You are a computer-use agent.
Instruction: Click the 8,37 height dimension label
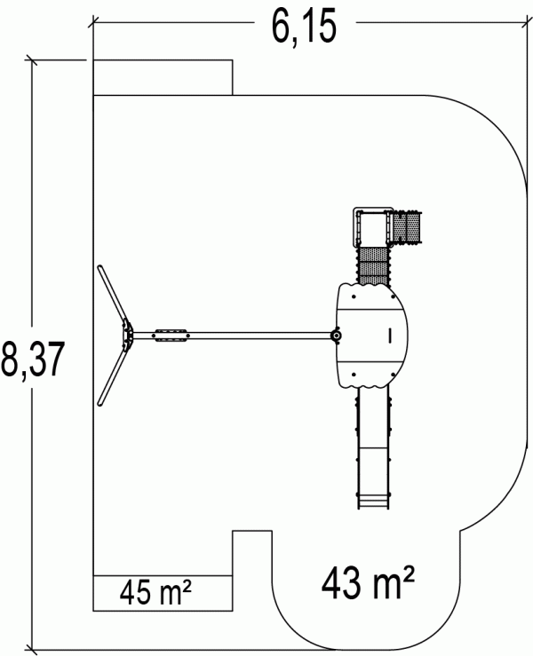coord(33,360)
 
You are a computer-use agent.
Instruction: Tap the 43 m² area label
coord(368,582)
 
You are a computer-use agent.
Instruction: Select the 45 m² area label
coord(155,592)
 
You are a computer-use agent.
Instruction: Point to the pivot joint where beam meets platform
coord(336,336)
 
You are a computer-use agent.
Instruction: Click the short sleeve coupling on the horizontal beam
coord(171,336)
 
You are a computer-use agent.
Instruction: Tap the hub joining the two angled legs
coord(128,336)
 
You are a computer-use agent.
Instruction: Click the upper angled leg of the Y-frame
coord(112,294)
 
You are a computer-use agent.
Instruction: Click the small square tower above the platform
coord(371,227)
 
